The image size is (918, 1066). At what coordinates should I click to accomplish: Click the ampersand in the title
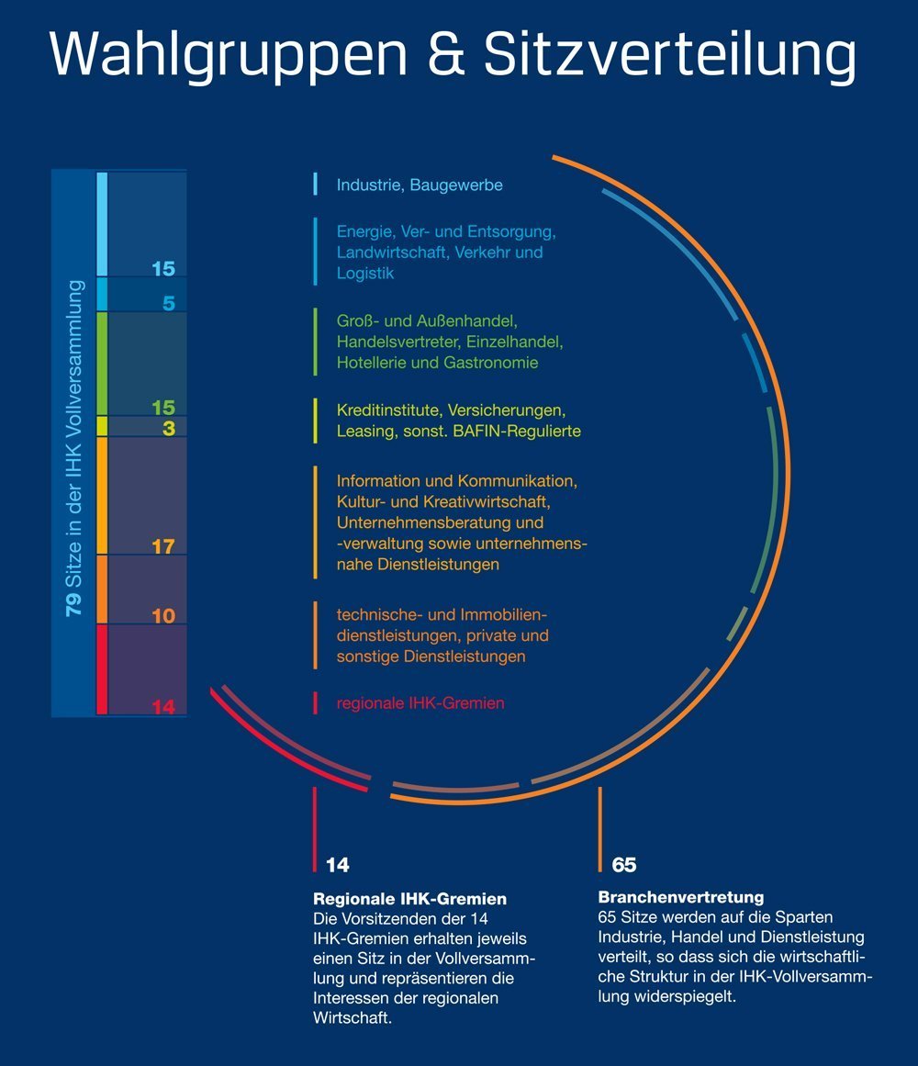(446, 53)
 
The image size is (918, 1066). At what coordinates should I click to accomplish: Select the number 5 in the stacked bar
(169, 302)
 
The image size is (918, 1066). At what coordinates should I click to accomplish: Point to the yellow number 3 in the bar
(169, 428)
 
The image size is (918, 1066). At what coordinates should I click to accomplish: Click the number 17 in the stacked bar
(163, 546)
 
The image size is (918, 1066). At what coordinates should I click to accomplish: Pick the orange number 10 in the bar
(163, 615)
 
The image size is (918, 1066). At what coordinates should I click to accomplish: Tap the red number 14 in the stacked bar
(163, 706)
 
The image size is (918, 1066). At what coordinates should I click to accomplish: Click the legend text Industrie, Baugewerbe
(420, 185)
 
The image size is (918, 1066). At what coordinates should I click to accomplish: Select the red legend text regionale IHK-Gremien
(420, 703)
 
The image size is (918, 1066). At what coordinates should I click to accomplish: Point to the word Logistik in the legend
(364, 274)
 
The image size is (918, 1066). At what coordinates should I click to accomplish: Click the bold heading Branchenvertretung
(681, 897)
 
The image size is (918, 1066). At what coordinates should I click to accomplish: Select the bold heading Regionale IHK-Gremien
(409, 899)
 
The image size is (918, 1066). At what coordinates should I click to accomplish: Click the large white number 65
(623, 865)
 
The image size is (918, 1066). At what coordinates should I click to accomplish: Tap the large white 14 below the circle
(337, 865)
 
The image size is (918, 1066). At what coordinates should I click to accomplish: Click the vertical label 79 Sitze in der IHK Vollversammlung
(73, 448)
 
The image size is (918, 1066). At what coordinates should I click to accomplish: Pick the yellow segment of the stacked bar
(102, 426)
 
